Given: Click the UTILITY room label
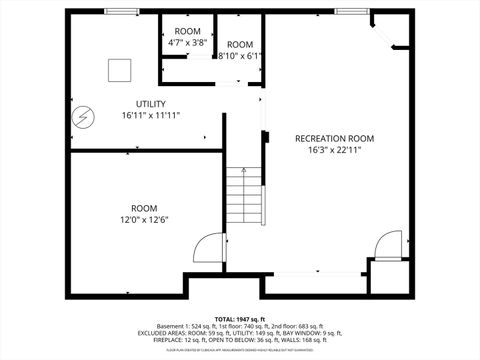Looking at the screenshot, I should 150,104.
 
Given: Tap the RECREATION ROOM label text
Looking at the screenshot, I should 334,138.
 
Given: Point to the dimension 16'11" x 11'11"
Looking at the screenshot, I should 150,116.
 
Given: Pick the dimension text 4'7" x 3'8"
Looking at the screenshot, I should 187,43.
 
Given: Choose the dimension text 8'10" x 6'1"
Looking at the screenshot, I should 240,56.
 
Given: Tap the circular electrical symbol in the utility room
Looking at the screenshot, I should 79,117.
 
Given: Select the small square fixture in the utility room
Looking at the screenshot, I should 120,69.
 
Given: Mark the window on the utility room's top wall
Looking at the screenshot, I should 120,11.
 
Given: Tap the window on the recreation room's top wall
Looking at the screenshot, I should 352,11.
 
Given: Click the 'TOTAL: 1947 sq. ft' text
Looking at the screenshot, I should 240,318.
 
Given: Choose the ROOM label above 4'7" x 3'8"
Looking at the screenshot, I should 187,32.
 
